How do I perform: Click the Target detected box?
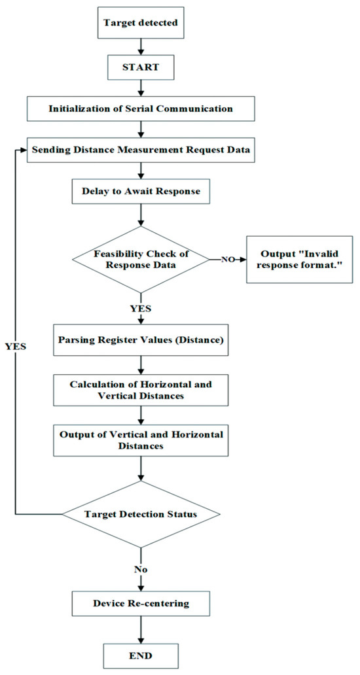(x=141, y=22)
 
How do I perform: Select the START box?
(x=141, y=67)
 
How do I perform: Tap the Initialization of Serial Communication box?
(x=141, y=109)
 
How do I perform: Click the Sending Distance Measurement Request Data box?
(x=141, y=150)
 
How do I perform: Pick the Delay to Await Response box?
(x=141, y=191)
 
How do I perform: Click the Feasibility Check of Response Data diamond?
(x=141, y=259)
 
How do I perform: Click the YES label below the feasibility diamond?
(x=141, y=309)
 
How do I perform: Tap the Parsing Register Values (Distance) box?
(x=141, y=343)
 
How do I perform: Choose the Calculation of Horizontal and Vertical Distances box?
(x=141, y=390)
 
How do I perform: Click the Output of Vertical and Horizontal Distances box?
(x=141, y=440)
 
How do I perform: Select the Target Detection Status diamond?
(x=141, y=514)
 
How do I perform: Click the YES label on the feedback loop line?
(x=16, y=347)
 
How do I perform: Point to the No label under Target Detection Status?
(x=141, y=570)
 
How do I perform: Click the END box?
(x=141, y=655)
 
